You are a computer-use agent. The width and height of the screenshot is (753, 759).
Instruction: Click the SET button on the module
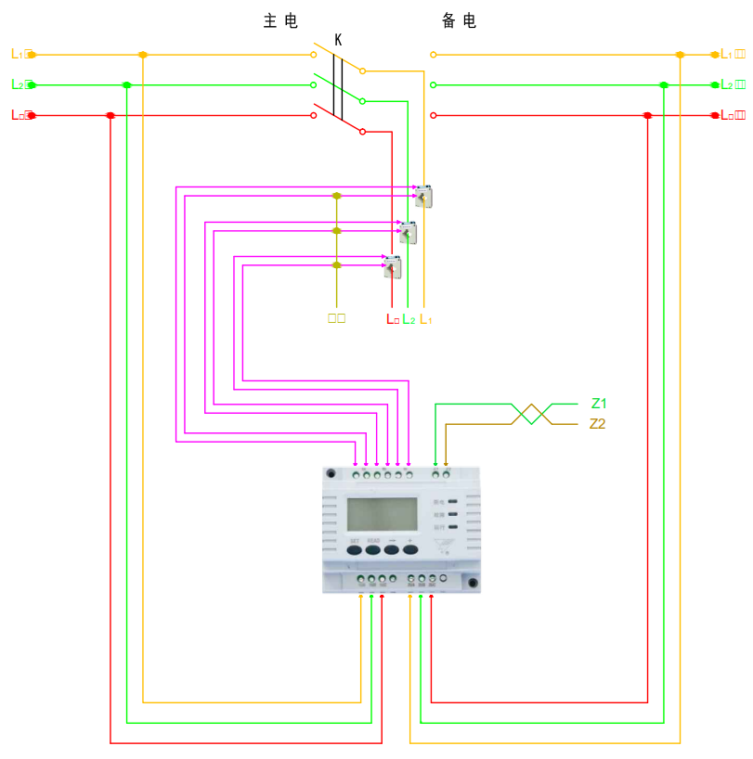click(354, 549)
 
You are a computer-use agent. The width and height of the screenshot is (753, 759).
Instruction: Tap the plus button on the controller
click(409, 549)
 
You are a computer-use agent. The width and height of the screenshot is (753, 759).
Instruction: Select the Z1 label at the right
click(599, 404)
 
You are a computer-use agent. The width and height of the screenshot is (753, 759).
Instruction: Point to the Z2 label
click(599, 424)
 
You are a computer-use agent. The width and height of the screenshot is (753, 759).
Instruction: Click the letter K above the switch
click(338, 40)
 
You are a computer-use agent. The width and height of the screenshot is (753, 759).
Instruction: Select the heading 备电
click(459, 21)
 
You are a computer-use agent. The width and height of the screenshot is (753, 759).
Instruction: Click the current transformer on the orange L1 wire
click(423, 197)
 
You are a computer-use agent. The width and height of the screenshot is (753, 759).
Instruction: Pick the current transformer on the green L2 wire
click(408, 232)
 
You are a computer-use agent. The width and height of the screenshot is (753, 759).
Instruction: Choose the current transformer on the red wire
click(393, 267)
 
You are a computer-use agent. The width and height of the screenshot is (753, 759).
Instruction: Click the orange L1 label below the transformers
click(426, 319)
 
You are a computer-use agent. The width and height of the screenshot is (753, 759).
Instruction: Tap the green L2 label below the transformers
click(409, 319)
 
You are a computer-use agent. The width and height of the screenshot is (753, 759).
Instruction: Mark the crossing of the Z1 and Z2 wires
click(530, 414)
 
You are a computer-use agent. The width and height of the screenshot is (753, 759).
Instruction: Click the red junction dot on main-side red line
click(110, 115)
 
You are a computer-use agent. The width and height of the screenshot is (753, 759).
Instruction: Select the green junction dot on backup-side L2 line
click(664, 85)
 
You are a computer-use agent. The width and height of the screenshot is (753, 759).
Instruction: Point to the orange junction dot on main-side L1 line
click(142, 55)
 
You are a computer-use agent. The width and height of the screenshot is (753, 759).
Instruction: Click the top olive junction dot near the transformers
click(337, 196)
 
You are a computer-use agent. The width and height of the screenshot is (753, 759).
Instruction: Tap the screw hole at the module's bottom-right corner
click(473, 584)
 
